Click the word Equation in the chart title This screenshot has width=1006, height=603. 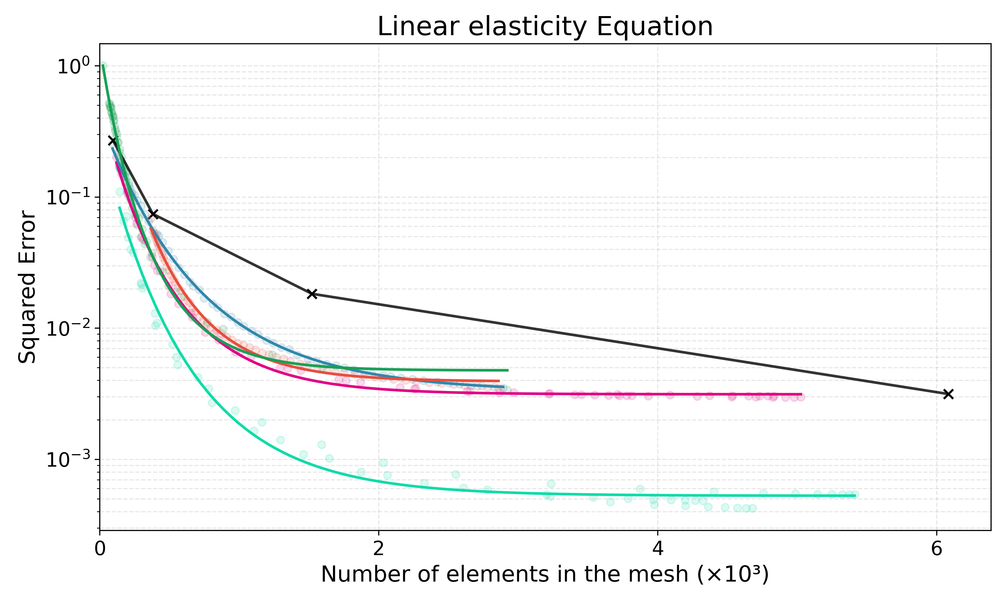[x=654, y=27]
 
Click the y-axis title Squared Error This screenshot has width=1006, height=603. [x=27, y=286]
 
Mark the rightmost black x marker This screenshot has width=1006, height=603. [x=948, y=394]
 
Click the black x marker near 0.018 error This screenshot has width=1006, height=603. [x=312, y=294]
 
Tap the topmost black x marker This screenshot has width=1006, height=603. [x=112, y=141]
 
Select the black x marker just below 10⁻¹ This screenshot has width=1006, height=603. [x=153, y=214]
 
